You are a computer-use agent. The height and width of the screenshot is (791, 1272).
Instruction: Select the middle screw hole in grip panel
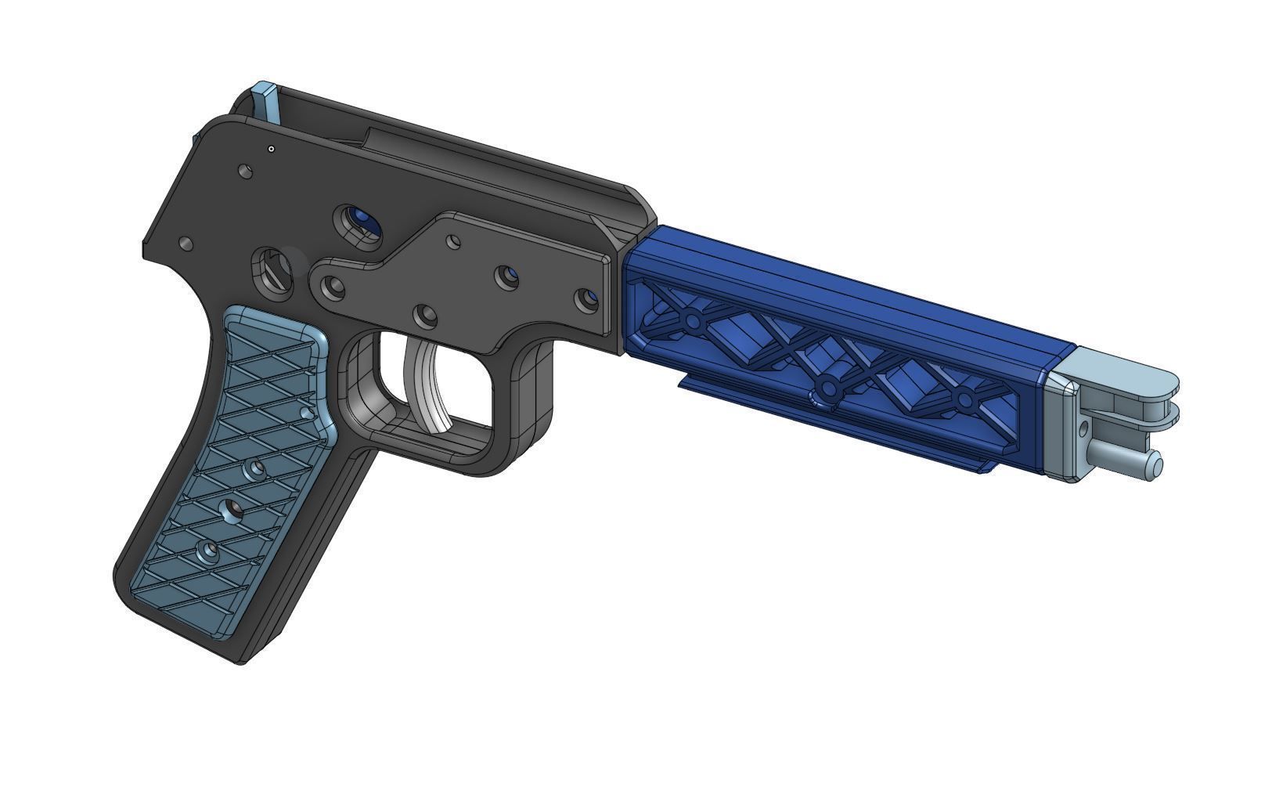(232, 511)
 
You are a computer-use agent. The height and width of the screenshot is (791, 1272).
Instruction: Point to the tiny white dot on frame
(271, 149)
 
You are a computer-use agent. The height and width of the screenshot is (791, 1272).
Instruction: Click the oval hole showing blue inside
(358, 222)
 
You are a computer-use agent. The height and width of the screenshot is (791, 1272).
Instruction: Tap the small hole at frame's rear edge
(186, 245)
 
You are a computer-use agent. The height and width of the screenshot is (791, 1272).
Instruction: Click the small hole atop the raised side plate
(453, 241)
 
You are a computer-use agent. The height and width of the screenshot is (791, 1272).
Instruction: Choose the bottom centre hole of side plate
(427, 317)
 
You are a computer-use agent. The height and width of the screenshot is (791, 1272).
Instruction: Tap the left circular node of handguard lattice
(692, 320)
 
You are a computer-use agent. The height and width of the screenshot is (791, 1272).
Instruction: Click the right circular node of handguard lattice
(964, 401)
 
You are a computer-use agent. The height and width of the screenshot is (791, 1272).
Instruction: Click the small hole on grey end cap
(1085, 428)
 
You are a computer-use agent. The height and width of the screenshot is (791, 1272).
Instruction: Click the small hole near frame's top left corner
(246, 170)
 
